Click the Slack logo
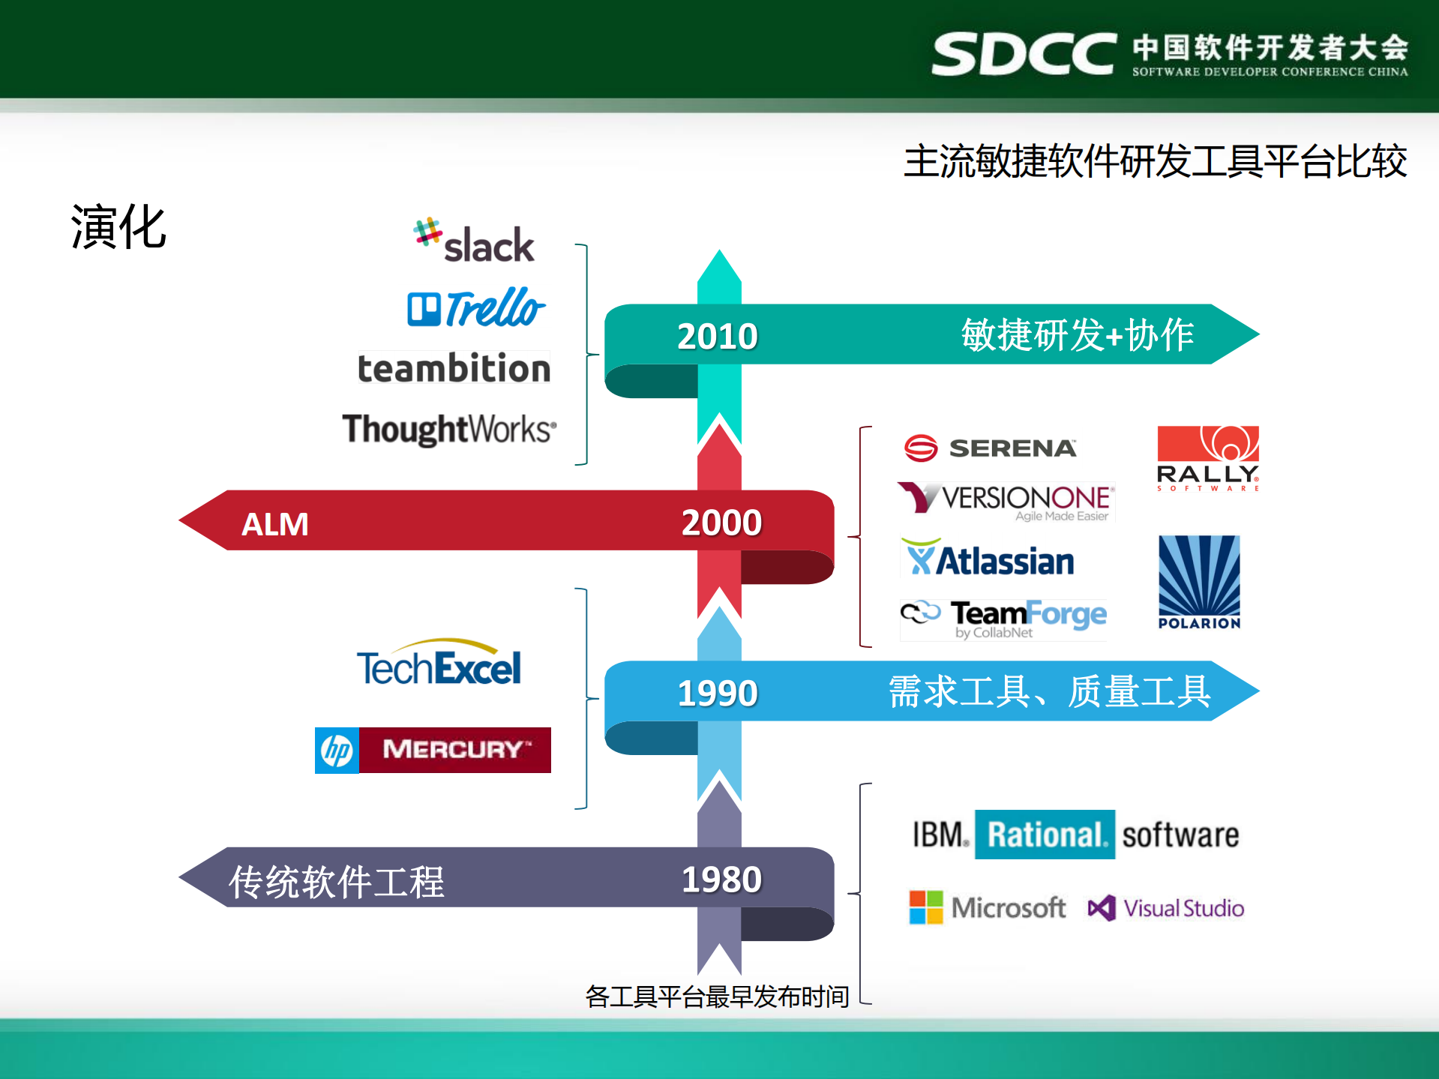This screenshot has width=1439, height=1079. [474, 241]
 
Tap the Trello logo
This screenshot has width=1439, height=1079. [476, 307]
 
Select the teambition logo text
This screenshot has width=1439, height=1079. [454, 368]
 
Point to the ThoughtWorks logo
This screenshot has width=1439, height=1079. [450, 430]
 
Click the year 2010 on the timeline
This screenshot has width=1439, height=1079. [718, 336]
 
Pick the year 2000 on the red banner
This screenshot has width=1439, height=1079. [721, 522]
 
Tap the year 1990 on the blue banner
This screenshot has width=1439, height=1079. [718, 693]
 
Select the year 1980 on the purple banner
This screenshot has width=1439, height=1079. [721, 879]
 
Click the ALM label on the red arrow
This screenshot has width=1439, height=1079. [275, 524]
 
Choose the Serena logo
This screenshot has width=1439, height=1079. [991, 448]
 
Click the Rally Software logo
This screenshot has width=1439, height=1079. [1208, 458]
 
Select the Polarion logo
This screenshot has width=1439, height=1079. [1199, 582]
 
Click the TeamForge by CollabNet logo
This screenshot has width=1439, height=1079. [1004, 619]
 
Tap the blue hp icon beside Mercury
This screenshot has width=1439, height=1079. [337, 750]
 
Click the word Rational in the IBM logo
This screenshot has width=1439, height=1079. [1045, 835]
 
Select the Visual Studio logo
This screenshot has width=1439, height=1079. [1166, 908]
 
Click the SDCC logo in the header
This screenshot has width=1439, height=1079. [1024, 54]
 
